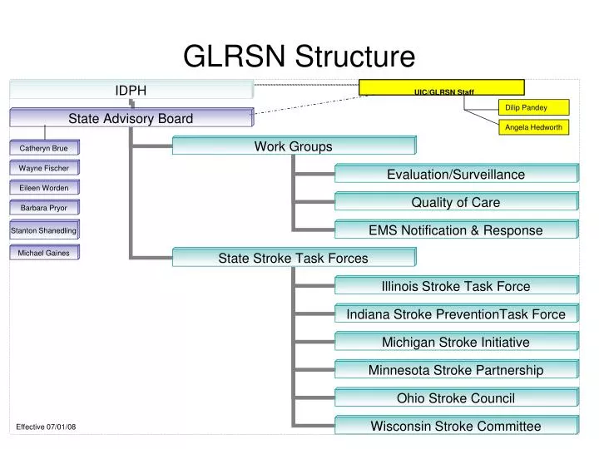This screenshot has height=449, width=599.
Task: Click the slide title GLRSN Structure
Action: pyautogui.click(x=299, y=57)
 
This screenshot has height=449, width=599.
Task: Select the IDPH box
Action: pyautogui.click(x=131, y=90)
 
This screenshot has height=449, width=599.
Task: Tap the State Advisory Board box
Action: pyautogui.click(x=131, y=118)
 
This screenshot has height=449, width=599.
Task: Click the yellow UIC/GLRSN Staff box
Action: pyautogui.click(x=442, y=87)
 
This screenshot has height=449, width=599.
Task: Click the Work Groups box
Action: pyautogui.click(x=293, y=146)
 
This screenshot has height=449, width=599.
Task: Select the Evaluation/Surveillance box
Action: pyautogui.click(x=456, y=174)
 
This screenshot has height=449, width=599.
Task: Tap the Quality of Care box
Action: pyautogui.click(x=456, y=202)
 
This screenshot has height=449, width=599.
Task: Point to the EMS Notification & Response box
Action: pyautogui.click(x=456, y=230)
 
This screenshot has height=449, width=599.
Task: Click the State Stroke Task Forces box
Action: pyautogui.click(x=293, y=258)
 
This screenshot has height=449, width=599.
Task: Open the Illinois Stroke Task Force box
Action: pyautogui.click(x=456, y=286)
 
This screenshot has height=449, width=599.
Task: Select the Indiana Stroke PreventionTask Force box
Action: pyautogui.click(x=456, y=314)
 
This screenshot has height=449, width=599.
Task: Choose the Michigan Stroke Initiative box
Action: pyautogui.click(x=456, y=342)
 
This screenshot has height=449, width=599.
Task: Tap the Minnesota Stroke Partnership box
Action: pyautogui.click(x=456, y=370)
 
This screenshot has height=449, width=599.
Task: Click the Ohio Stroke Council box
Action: pyautogui.click(x=456, y=398)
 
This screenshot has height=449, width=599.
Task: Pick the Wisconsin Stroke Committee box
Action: pyautogui.click(x=456, y=426)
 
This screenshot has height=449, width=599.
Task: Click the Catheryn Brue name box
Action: pyautogui.click(x=44, y=148)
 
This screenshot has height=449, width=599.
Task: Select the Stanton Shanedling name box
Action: pyautogui.click(x=44, y=229)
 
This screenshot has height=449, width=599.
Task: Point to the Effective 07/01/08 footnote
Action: pyautogui.click(x=46, y=427)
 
